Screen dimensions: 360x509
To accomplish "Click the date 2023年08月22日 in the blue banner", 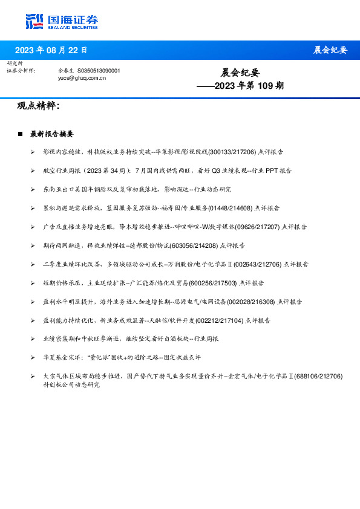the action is coord(51,50).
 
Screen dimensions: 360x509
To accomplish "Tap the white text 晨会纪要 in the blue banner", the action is coord(330,50).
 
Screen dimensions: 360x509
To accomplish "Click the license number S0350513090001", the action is coord(99,71).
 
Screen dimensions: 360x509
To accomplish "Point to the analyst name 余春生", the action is coord(66,71).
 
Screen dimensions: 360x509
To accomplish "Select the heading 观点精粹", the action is coord(38,106).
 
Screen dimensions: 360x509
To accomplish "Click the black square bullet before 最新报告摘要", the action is coord(20,134).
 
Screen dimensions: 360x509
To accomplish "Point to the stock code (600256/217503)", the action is coord(212,282).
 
